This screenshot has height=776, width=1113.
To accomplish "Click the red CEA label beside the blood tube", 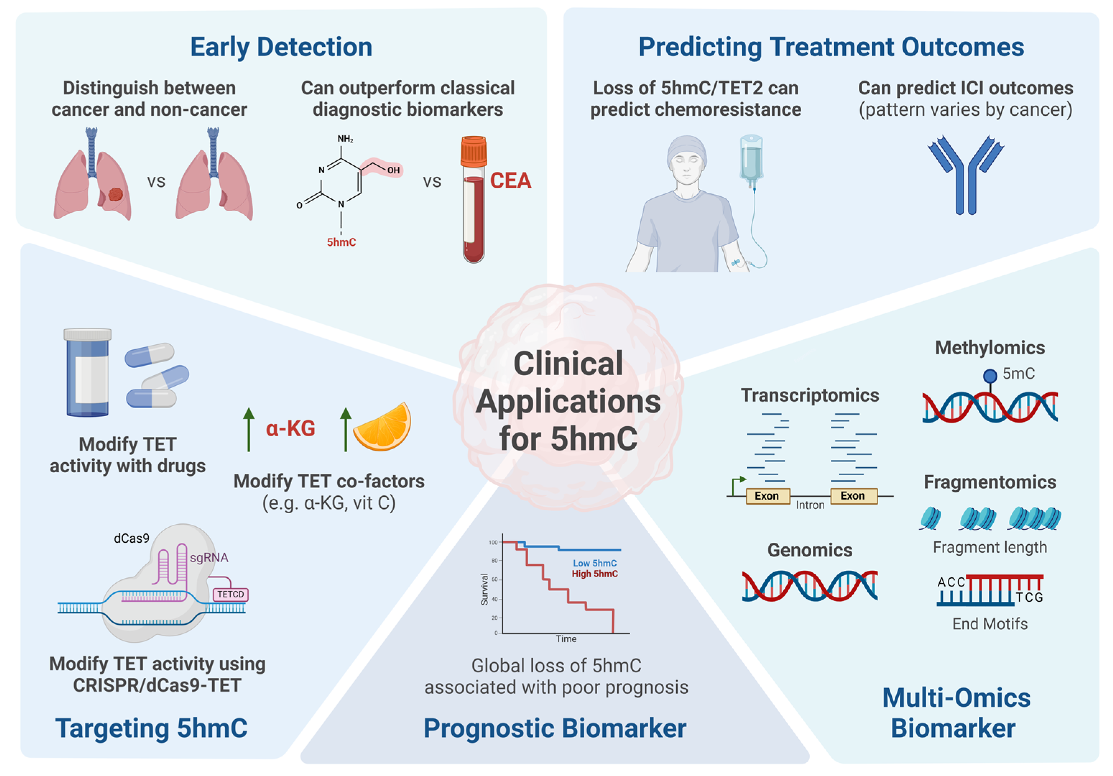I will pyautogui.click(x=510, y=180).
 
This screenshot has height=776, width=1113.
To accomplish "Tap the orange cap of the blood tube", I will pyautogui.click(x=473, y=151).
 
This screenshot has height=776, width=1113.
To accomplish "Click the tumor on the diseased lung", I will pyautogui.click(x=115, y=194).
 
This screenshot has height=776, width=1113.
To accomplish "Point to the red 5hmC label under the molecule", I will pyautogui.click(x=341, y=242).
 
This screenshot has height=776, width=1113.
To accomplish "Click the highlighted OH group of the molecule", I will pyautogui.click(x=392, y=170).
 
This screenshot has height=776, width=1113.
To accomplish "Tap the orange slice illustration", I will pyautogui.click(x=383, y=427).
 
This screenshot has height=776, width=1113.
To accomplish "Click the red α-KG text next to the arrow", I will pyautogui.click(x=290, y=428).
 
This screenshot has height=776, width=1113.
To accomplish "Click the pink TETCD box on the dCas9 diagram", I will pyautogui.click(x=230, y=594).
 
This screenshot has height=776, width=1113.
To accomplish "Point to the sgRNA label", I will pyautogui.click(x=209, y=558).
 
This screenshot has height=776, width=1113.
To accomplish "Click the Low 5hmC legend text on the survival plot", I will pyautogui.click(x=594, y=563).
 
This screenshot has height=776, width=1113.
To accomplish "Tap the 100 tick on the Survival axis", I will pyautogui.click(x=493, y=542).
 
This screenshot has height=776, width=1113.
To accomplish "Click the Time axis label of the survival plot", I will pyautogui.click(x=566, y=639).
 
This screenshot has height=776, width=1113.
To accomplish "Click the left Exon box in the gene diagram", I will pyautogui.click(x=766, y=496).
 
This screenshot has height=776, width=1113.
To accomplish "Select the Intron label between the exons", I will pyautogui.click(x=810, y=505).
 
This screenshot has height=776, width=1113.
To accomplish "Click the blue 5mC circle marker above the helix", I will pyautogui.click(x=989, y=375).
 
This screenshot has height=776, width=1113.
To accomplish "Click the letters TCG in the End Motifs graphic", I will pyautogui.click(x=1029, y=597).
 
